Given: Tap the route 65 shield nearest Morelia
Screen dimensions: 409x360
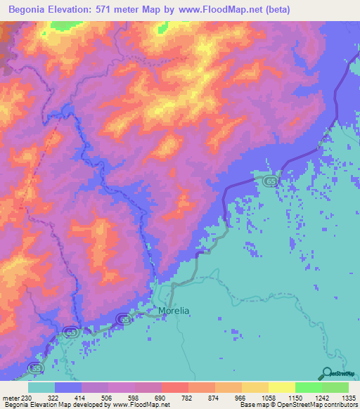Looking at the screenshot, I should pyautogui.click(x=124, y=320).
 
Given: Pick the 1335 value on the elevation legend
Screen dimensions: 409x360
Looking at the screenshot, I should pyautogui.click(x=349, y=397).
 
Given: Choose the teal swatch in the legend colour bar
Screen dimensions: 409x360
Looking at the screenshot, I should pyautogui.click(x=41, y=387).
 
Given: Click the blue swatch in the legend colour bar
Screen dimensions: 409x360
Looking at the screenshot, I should pyautogui.click(x=68, y=387).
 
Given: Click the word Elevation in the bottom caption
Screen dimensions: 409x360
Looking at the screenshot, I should pyautogui.click(x=49, y=405).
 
